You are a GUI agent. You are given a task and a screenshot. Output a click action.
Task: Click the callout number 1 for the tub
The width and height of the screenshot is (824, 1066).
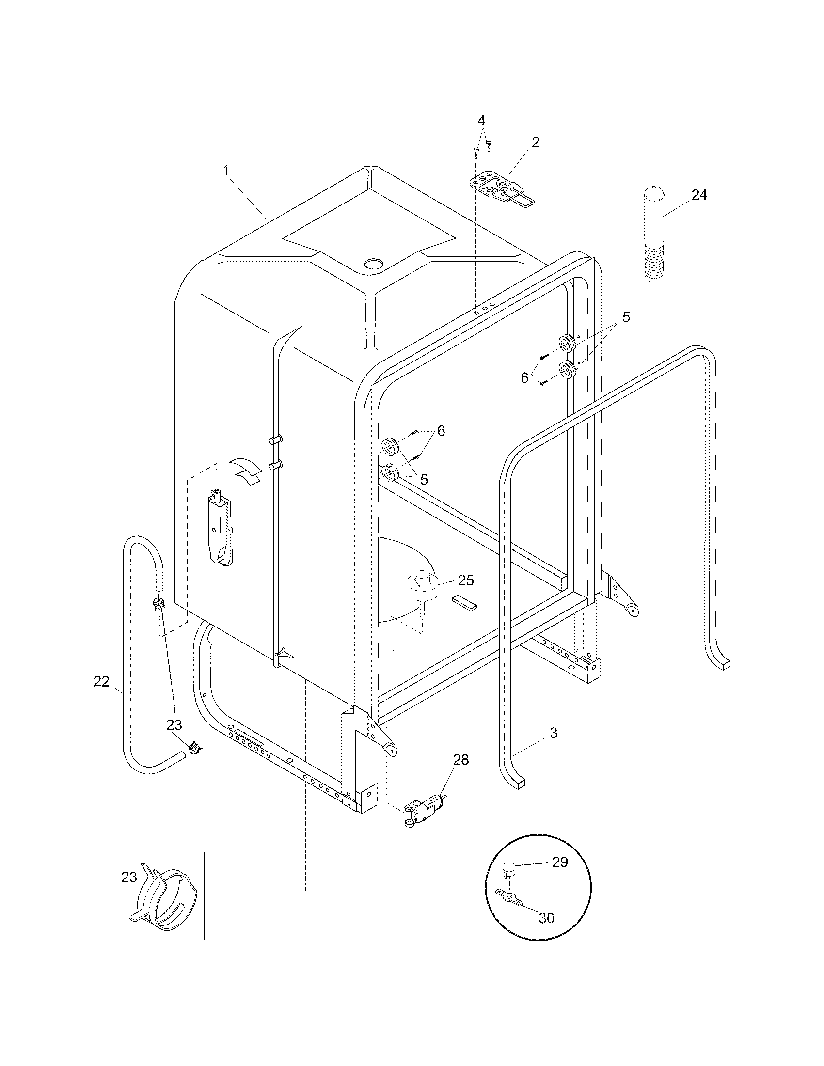[225, 171]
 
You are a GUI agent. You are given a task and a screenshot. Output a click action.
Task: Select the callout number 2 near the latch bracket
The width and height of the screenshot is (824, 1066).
[536, 142]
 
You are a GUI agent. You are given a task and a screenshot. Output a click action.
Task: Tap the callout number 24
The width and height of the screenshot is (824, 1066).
[699, 195]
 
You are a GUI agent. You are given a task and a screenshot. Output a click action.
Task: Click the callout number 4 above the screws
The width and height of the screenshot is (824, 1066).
[481, 120]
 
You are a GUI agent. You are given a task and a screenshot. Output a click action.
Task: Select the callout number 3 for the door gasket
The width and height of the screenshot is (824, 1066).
[554, 733]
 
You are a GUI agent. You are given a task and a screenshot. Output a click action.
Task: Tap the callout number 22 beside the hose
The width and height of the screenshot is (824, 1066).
[101, 681]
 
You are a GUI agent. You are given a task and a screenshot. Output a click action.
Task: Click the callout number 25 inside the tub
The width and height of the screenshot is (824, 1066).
[466, 580]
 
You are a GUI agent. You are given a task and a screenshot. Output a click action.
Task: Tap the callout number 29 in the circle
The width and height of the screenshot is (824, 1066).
[560, 862]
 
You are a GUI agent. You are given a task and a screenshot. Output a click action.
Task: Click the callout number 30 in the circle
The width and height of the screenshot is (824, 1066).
[546, 918]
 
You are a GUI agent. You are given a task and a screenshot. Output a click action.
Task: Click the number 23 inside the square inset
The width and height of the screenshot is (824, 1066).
[129, 877]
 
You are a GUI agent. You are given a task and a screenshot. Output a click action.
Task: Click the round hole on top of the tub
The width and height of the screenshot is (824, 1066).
[374, 264]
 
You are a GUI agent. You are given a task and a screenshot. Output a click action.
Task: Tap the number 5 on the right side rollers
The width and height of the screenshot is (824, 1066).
[626, 317]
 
